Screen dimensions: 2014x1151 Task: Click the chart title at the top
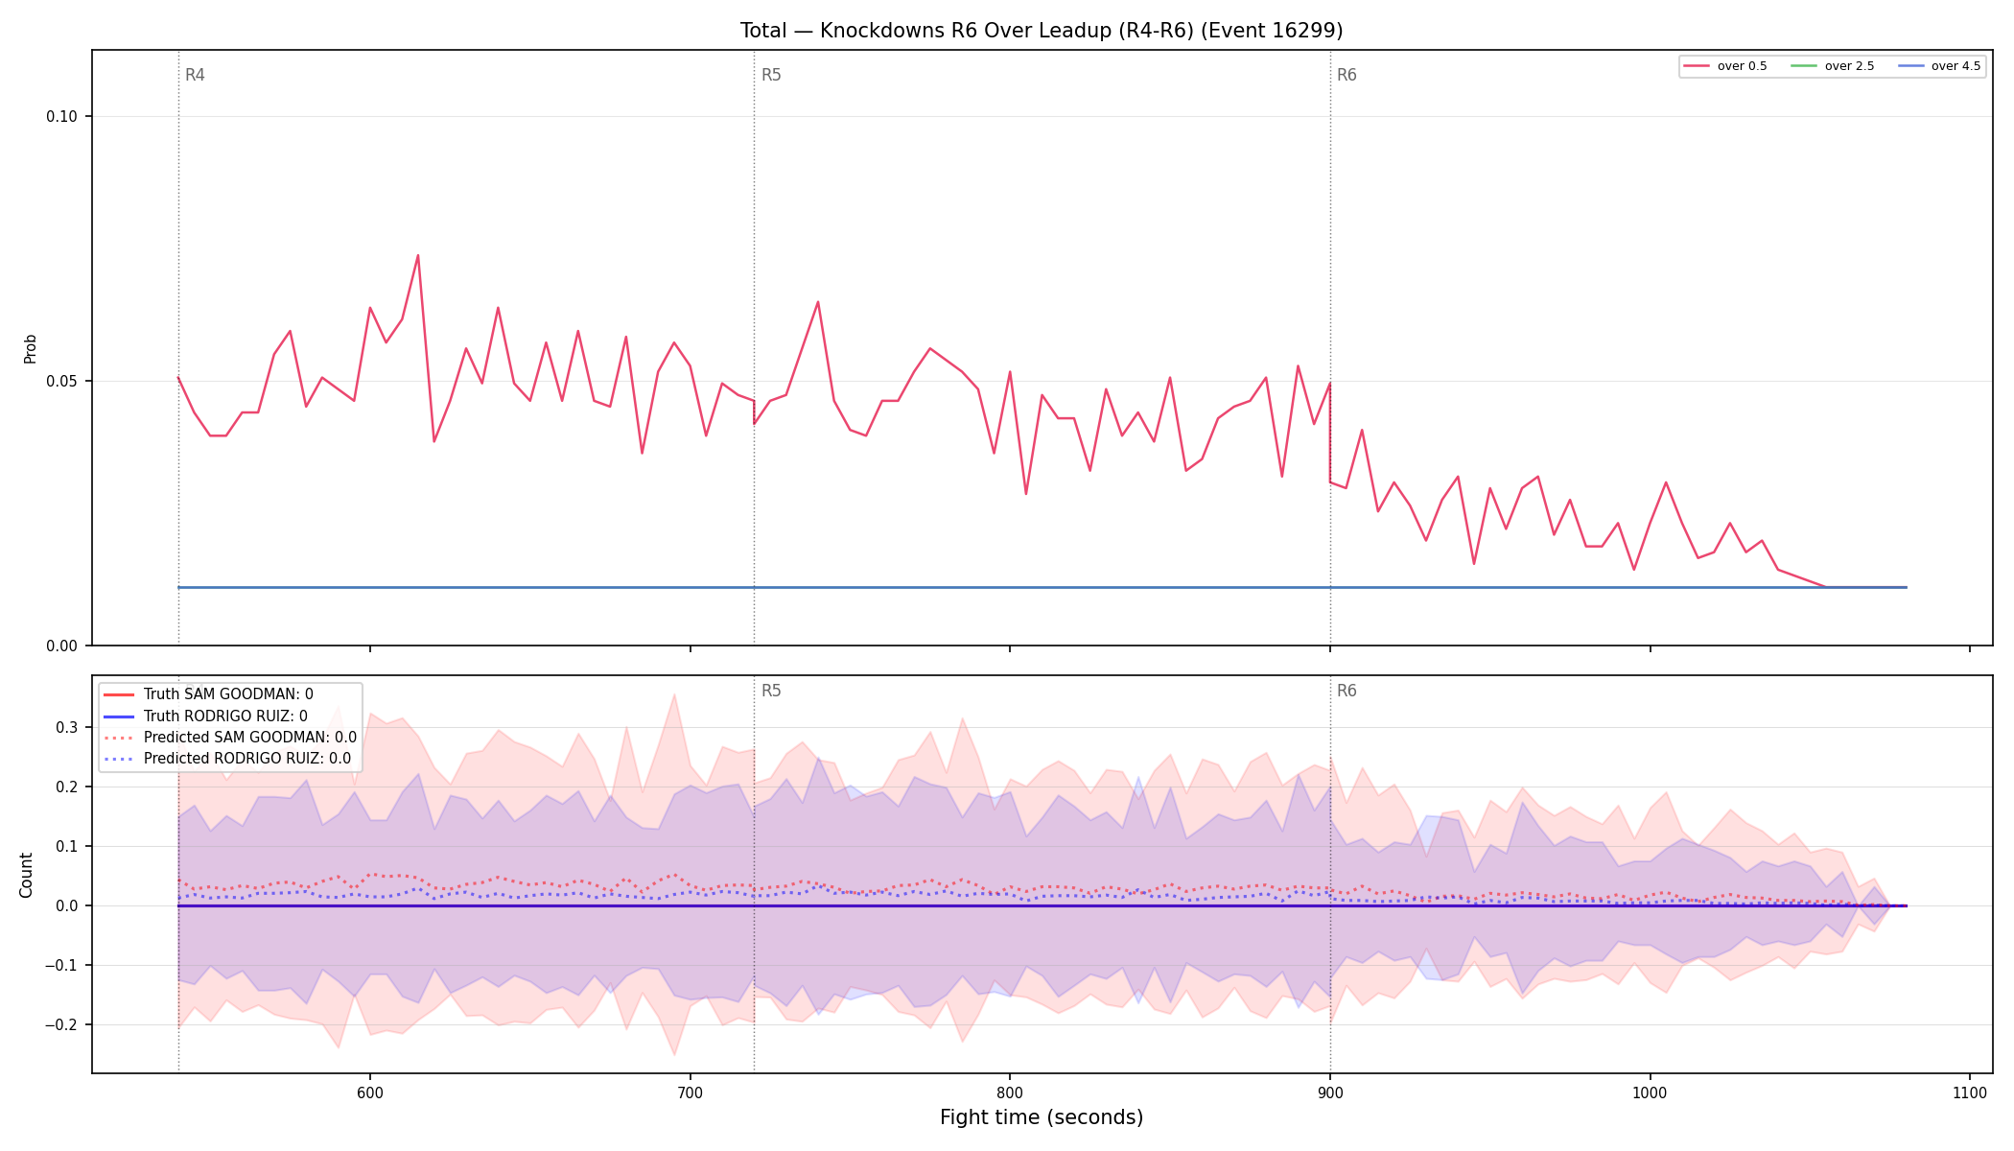[1042, 31]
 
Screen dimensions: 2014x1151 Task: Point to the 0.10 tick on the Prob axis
[61, 117]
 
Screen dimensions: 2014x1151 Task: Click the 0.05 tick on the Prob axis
[61, 382]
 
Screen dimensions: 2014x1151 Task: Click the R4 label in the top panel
[195, 75]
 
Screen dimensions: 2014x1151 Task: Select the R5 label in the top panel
[771, 75]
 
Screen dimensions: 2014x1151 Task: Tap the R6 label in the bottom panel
[1347, 691]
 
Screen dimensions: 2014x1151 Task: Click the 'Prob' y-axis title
[31, 348]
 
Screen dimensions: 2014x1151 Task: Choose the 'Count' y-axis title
[26, 875]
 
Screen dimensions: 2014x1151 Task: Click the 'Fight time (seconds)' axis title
[1042, 1117]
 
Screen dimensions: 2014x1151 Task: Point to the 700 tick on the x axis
[690, 1092]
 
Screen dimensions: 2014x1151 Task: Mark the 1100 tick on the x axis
[1969, 1092]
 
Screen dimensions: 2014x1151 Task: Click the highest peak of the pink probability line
[418, 255]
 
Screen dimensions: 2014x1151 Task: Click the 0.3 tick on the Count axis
[66, 728]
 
